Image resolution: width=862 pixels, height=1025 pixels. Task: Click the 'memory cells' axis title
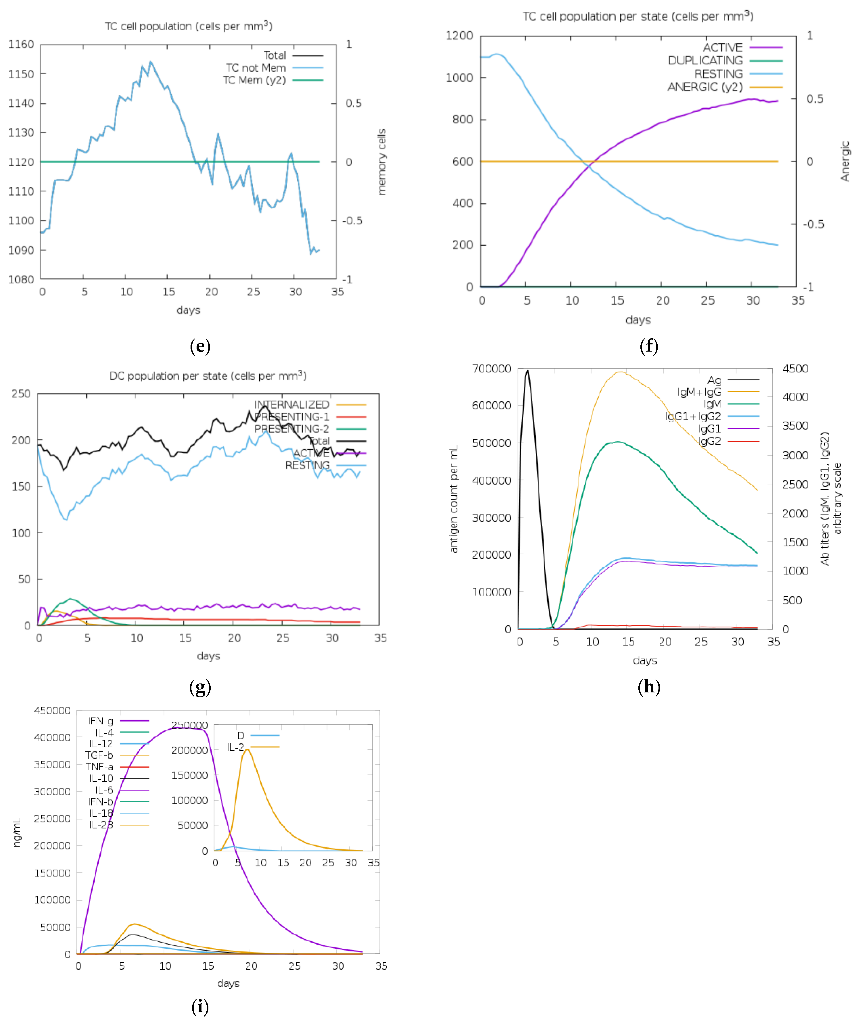point(382,162)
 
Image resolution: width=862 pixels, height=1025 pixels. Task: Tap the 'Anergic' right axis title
point(845,161)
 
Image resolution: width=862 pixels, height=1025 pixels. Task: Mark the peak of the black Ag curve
point(527,371)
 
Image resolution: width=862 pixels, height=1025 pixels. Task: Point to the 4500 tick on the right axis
point(795,369)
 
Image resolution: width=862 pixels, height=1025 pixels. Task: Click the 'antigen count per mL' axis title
point(454,498)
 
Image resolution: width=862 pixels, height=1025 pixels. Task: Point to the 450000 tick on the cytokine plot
point(52,711)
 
